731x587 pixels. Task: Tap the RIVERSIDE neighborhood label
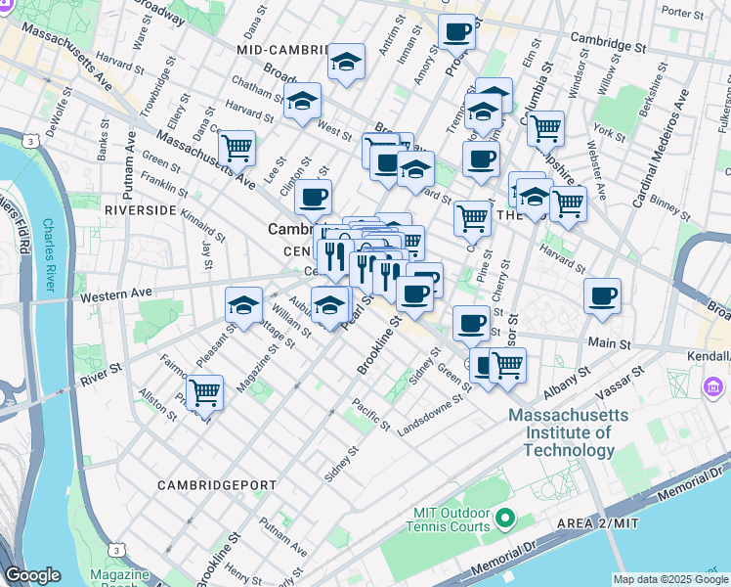[x=140, y=210]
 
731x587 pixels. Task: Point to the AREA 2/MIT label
[x=599, y=523]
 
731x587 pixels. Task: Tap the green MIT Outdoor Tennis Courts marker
[x=504, y=517]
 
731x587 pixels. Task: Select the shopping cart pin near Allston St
[x=204, y=392]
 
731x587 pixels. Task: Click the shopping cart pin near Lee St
[x=236, y=149]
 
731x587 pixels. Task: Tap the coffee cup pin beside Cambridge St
[x=456, y=32]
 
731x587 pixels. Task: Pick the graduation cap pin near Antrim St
[x=346, y=62]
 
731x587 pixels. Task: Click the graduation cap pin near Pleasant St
[x=243, y=304]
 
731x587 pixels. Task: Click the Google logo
[x=33, y=575]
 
